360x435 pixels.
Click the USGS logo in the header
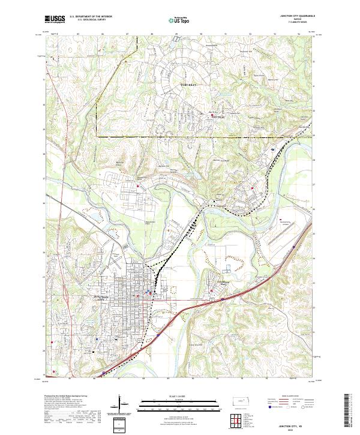55,19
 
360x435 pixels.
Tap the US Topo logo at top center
181,20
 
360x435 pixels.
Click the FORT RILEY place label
188,86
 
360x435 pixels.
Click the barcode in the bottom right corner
347,413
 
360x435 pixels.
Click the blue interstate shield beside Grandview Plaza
223,297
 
